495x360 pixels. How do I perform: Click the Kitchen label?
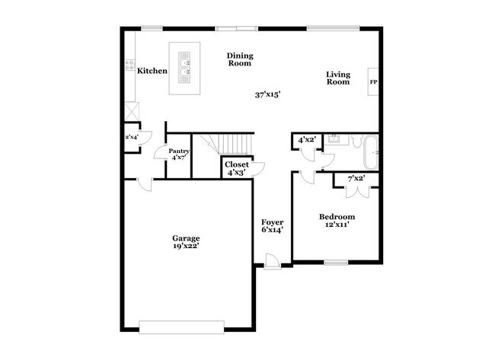pyautogui.click(x=152, y=72)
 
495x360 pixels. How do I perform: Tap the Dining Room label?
pyautogui.click(x=240, y=60)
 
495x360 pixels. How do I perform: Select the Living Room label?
pyautogui.click(x=338, y=78)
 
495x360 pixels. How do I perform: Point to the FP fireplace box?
pyautogui.click(x=373, y=81)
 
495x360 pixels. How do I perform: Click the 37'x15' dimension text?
pyautogui.click(x=268, y=95)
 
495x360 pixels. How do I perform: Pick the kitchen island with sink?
pyautogui.click(x=184, y=68)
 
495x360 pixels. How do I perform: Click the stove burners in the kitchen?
pyautogui.click(x=130, y=65)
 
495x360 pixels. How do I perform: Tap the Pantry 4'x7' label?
pyautogui.click(x=179, y=155)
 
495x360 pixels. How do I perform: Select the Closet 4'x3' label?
pyautogui.click(x=236, y=168)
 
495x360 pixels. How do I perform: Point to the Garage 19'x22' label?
pyautogui.click(x=186, y=243)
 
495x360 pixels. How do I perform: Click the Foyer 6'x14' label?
pyautogui.click(x=273, y=226)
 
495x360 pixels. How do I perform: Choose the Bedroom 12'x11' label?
pyautogui.click(x=336, y=221)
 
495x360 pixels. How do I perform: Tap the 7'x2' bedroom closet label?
pyautogui.click(x=356, y=180)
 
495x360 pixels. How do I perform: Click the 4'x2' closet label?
pyautogui.click(x=306, y=140)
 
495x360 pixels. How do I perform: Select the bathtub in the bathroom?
pyautogui.click(x=372, y=152)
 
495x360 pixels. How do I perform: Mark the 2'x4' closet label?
pyautogui.click(x=133, y=137)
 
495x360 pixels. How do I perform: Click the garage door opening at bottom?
pyautogui.click(x=183, y=326)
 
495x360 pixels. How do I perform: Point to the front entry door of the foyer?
pyautogui.click(x=273, y=263)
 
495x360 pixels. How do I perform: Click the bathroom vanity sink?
pyautogui.click(x=334, y=139)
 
